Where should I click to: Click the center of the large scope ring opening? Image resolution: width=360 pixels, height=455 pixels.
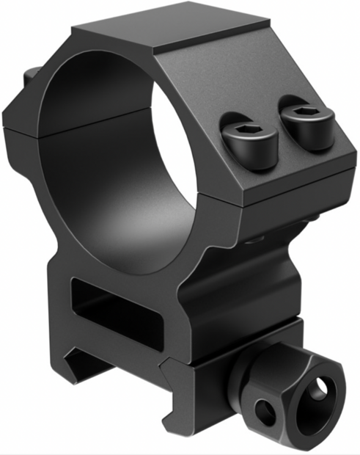pyautogui.click(x=110, y=147)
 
